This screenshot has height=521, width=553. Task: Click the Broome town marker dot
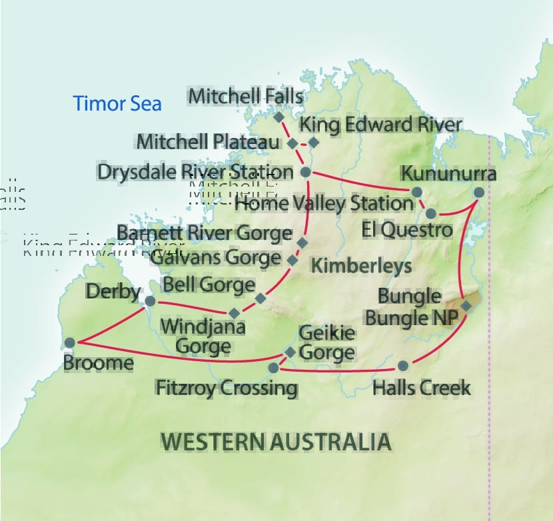point(70,342)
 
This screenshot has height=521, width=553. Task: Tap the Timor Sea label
point(117,104)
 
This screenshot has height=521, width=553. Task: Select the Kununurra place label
point(448,174)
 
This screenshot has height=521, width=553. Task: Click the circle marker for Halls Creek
point(402,366)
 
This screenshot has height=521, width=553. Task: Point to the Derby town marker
point(150,301)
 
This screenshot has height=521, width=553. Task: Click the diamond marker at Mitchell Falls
point(279,117)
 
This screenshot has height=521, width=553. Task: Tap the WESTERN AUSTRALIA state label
point(276,441)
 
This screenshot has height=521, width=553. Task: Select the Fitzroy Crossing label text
point(226,387)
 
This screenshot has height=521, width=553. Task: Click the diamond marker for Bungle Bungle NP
point(466,306)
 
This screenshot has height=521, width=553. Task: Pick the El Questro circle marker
point(430,214)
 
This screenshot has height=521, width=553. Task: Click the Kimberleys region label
point(362,265)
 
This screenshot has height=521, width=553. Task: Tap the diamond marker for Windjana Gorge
point(234,313)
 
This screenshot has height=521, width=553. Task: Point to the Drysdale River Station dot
point(306,172)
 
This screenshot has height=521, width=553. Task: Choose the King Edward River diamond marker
point(314,142)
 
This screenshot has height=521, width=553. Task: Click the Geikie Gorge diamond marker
point(290,352)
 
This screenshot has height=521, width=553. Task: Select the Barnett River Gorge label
point(204,233)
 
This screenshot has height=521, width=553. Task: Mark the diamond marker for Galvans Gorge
point(292,260)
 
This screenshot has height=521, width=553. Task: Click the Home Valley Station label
point(324,203)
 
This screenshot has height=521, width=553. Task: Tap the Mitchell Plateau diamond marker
point(292,143)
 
